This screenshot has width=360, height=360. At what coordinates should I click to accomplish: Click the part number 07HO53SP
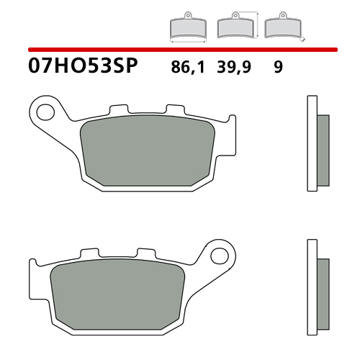coord(83,66)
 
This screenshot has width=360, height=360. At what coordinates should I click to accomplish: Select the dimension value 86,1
coord(188,67)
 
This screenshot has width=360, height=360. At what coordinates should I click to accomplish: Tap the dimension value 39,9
coord(234,67)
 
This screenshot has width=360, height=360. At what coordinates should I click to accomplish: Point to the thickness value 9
coord(279,67)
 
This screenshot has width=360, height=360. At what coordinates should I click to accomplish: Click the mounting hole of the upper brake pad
coord(45,112)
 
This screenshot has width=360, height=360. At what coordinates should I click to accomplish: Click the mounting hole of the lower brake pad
coord(220,256)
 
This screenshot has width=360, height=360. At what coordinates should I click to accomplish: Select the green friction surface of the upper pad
coord(148,150)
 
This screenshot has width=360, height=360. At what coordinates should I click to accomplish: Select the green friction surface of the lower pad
coord(117,294)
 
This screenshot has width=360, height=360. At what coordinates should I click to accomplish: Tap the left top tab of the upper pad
coord(119,109)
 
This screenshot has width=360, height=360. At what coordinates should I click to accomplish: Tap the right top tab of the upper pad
coord(176,109)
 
